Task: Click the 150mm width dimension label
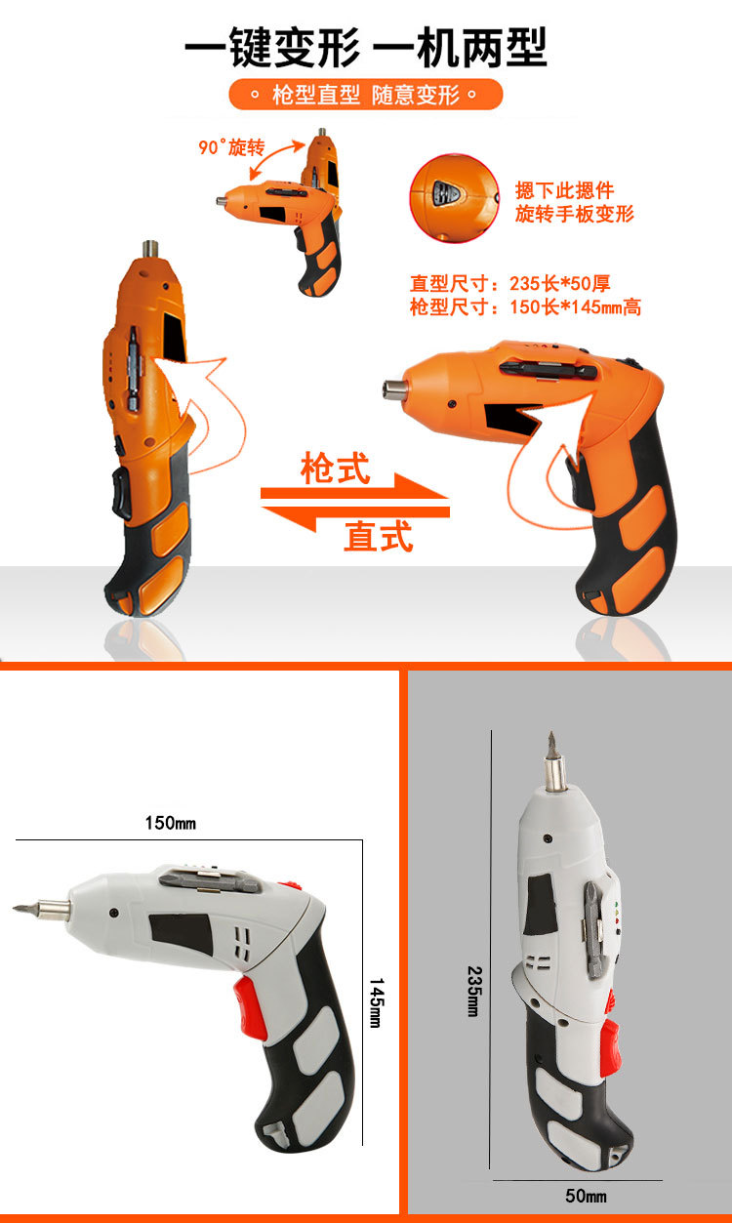click(171, 823)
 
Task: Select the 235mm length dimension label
click(473, 992)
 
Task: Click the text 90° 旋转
click(231, 147)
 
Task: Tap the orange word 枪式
click(335, 469)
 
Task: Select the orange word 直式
click(378, 536)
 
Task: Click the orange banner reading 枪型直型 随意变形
click(365, 96)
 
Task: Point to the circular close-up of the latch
click(452, 195)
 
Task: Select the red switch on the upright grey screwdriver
click(610, 1038)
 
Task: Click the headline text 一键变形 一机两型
click(365, 47)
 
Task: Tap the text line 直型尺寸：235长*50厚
click(509, 285)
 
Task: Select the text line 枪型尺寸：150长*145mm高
click(525, 307)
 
